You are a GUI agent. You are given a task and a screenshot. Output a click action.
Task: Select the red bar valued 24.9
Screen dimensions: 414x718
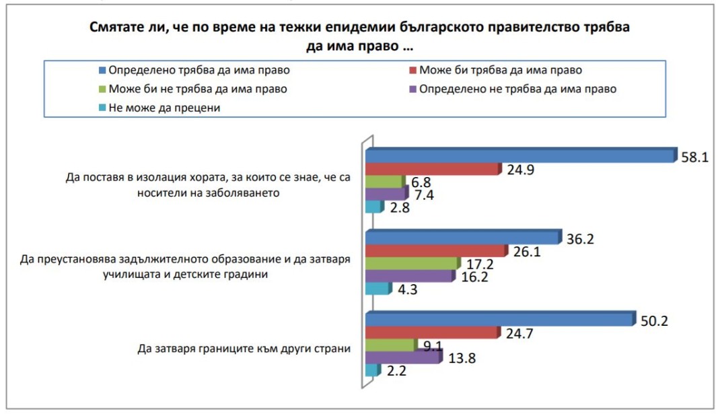tap(432, 169)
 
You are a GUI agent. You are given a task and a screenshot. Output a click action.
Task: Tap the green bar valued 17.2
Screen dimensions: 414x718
tap(412, 263)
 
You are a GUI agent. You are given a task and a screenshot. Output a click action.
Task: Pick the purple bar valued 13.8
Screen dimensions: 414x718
tap(402, 357)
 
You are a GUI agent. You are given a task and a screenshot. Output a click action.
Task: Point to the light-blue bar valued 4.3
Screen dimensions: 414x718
tap(377, 289)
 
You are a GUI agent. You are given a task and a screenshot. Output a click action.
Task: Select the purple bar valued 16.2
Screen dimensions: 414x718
tap(409, 277)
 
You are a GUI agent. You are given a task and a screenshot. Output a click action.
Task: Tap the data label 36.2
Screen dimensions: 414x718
tap(580, 238)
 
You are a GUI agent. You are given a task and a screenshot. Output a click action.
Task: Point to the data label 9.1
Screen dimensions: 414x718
tap(435, 347)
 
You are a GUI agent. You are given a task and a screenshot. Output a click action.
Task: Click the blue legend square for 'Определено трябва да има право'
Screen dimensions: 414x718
tap(102, 69)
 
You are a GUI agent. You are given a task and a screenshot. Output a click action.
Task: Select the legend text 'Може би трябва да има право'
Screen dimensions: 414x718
tap(500, 69)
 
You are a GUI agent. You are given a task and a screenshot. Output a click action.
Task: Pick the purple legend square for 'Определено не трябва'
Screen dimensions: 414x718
tap(412, 88)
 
